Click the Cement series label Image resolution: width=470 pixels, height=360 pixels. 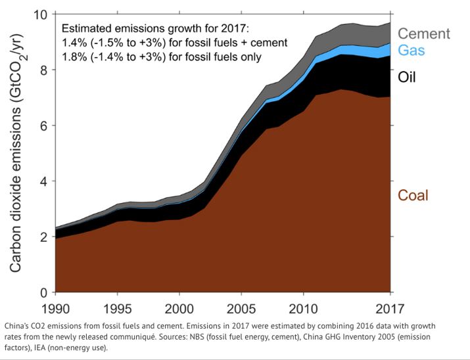424,34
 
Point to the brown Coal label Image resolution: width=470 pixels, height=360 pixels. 413,195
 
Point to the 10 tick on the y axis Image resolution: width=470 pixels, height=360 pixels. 39,14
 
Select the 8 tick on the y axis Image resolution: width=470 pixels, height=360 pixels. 43,70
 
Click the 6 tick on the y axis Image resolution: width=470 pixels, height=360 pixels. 43,125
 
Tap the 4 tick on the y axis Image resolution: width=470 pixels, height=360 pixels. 43,181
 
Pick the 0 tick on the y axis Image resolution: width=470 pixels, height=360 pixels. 43,292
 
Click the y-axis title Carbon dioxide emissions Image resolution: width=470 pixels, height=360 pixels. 17,154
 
